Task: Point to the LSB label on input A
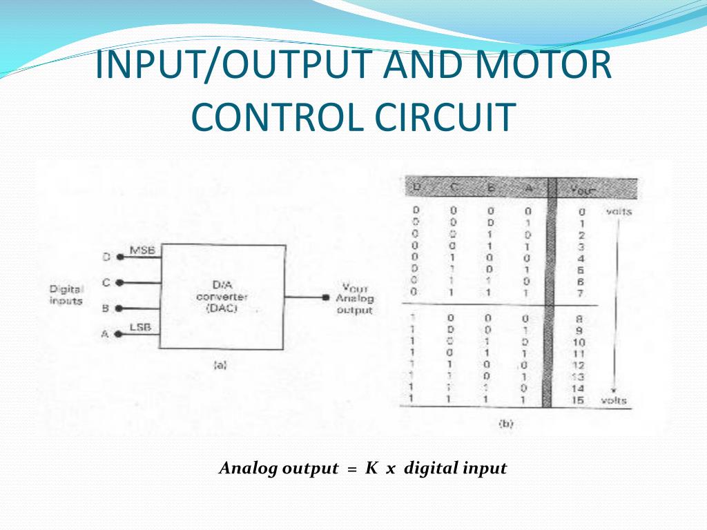click(x=140, y=327)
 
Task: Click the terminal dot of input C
click(x=119, y=282)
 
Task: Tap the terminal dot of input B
click(x=119, y=308)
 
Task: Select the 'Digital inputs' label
click(x=66, y=295)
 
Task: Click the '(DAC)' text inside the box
click(x=222, y=309)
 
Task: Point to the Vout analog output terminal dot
click(x=325, y=297)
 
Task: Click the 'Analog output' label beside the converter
click(x=354, y=304)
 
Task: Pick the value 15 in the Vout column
click(x=579, y=400)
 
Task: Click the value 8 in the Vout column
click(x=580, y=319)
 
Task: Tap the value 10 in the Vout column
click(x=579, y=342)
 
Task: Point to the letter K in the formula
click(x=371, y=469)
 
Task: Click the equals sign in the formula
click(x=351, y=469)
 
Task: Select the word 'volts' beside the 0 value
click(x=618, y=212)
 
